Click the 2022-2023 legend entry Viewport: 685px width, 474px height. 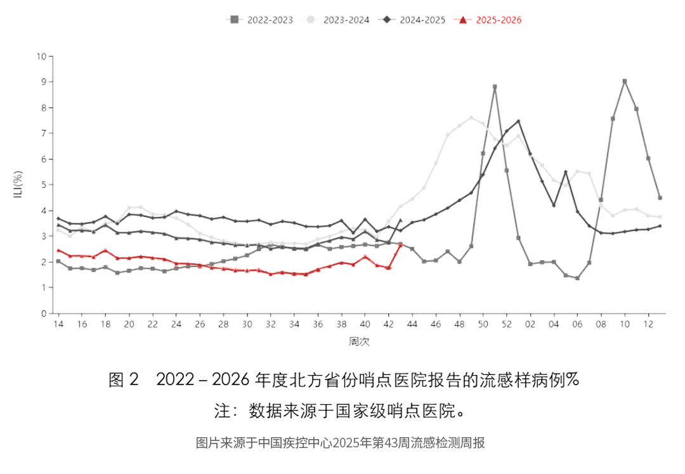click(259, 20)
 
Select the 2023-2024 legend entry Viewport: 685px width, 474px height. click(337, 20)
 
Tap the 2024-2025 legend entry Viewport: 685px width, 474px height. click(413, 20)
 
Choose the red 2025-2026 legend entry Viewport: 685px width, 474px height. click(489, 20)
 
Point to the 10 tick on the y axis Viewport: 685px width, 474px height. click(41, 56)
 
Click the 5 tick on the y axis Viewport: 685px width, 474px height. click(44, 185)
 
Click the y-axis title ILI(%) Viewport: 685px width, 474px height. click(19, 184)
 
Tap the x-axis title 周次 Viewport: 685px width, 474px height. click(359, 341)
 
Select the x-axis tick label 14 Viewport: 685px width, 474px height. click(58, 324)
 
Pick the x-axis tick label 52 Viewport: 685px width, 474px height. click(506, 324)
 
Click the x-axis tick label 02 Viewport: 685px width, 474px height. click(530, 324)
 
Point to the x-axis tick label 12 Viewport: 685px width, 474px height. click(648, 324)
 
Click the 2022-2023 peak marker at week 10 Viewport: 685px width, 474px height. click(625, 81)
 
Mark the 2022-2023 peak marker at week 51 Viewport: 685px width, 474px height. click(495, 86)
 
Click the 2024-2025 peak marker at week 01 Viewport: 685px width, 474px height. click(518, 121)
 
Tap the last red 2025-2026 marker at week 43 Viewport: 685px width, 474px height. click(400, 244)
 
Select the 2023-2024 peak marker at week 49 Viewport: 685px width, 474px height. click(471, 117)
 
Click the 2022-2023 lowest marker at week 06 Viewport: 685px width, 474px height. click(577, 278)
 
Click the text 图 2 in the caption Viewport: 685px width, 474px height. click(123, 380)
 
